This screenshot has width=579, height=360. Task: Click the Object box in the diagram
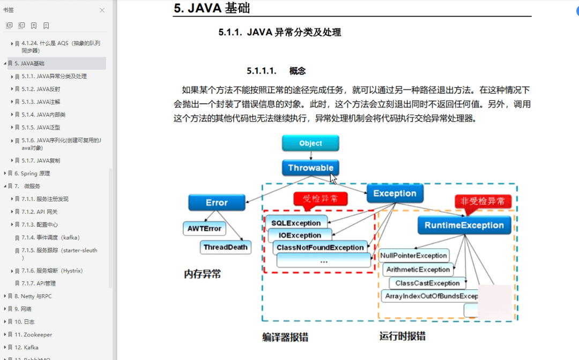[310, 143]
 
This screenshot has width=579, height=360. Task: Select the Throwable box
[310, 168]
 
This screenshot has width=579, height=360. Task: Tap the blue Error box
[217, 202]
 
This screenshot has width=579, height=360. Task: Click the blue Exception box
[395, 193]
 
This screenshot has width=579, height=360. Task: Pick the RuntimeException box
[464, 225]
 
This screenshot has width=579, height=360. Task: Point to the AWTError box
[204, 228]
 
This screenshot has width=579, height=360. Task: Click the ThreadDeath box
[226, 247]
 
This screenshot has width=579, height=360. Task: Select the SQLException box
[296, 223]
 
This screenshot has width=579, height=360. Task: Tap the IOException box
[300, 235]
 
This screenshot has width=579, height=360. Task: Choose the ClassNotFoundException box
[320, 247]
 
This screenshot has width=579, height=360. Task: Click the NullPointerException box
[413, 256]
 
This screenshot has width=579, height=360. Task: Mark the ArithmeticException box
[418, 269]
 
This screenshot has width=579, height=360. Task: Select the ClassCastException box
[427, 283]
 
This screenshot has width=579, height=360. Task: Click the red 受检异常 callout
[320, 198]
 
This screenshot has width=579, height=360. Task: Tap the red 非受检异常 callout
[482, 201]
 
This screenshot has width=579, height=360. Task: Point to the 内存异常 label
[202, 274]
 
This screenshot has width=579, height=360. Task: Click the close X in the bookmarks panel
[102, 10]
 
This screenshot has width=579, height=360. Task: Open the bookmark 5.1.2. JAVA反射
[41, 89]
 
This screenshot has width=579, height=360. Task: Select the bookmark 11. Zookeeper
[33, 334]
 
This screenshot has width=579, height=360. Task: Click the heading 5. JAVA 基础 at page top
[212, 8]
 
